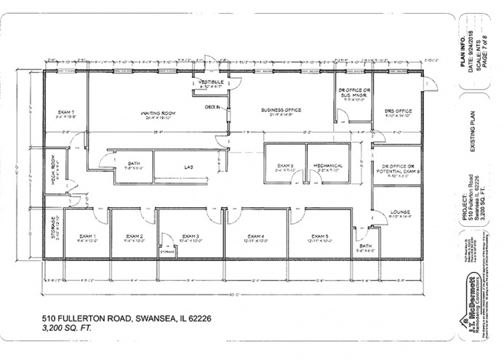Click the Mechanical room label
328,166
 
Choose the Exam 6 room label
284,166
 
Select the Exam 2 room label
133,236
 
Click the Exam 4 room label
255,236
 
